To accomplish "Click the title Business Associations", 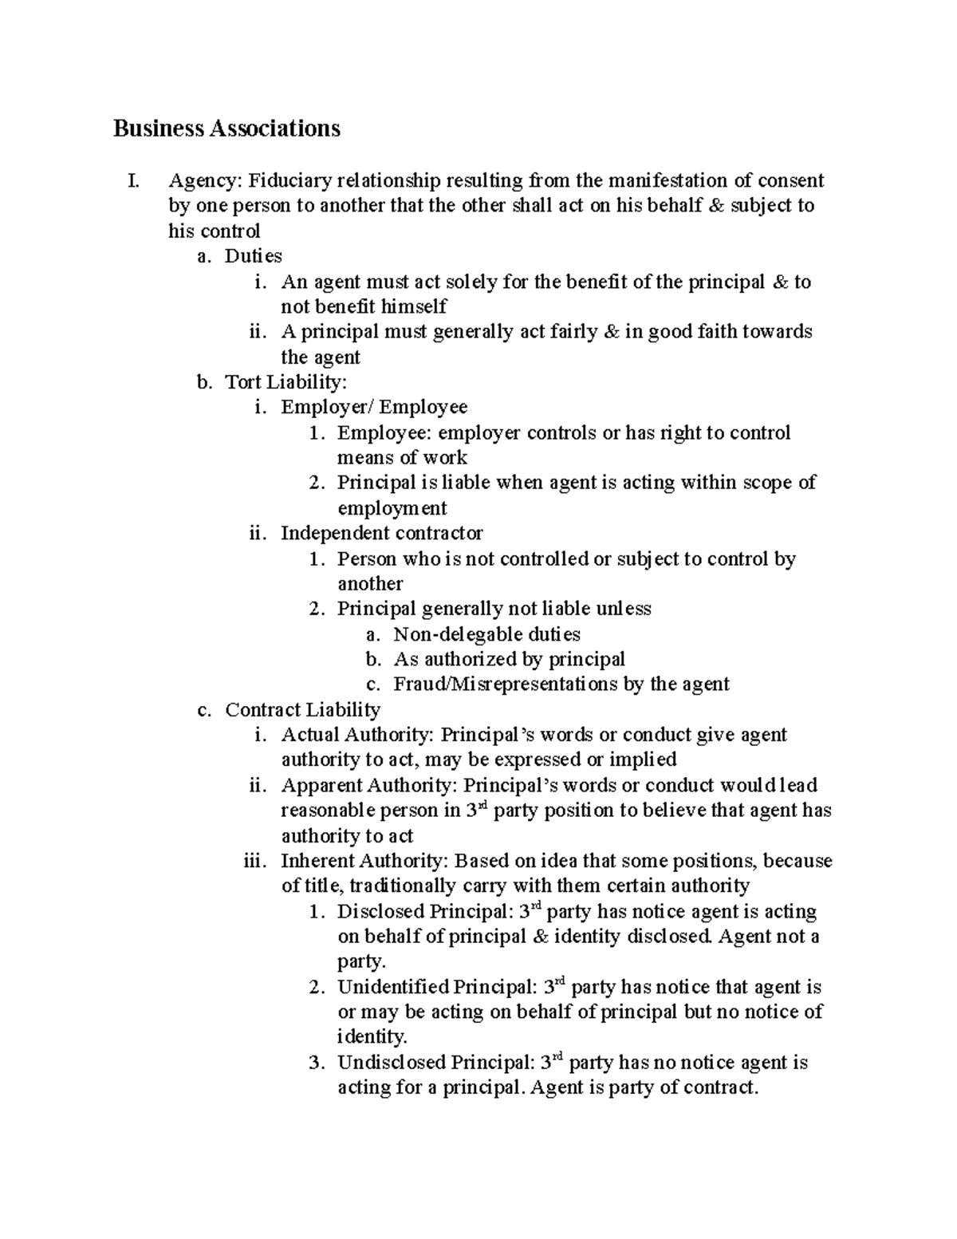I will pyautogui.click(x=226, y=128).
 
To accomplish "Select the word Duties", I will pyautogui.click(x=254, y=256).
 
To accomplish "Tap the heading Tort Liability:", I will pyautogui.click(x=286, y=382).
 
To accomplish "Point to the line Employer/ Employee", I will pyautogui.click(x=374, y=408).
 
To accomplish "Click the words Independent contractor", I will pyautogui.click(x=382, y=533).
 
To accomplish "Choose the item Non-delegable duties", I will pyautogui.click(x=486, y=634).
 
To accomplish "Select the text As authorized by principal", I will pyautogui.click(x=509, y=659).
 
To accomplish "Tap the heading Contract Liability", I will pyautogui.click(x=302, y=710).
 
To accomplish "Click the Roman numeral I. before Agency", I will pyautogui.click(x=132, y=181).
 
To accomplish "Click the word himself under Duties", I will pyautogui.click(x=412, y=306).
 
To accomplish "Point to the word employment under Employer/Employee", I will pyautogui.click(x=392, y=508).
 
